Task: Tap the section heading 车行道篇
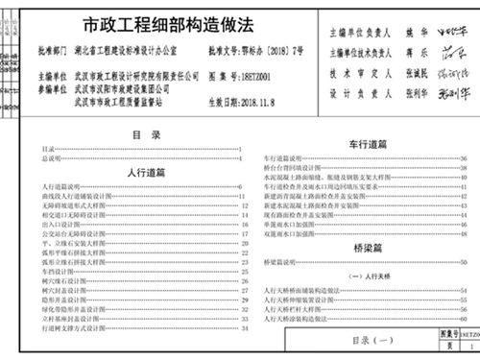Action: click(368, 143)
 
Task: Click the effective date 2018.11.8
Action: click(249, 99)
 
